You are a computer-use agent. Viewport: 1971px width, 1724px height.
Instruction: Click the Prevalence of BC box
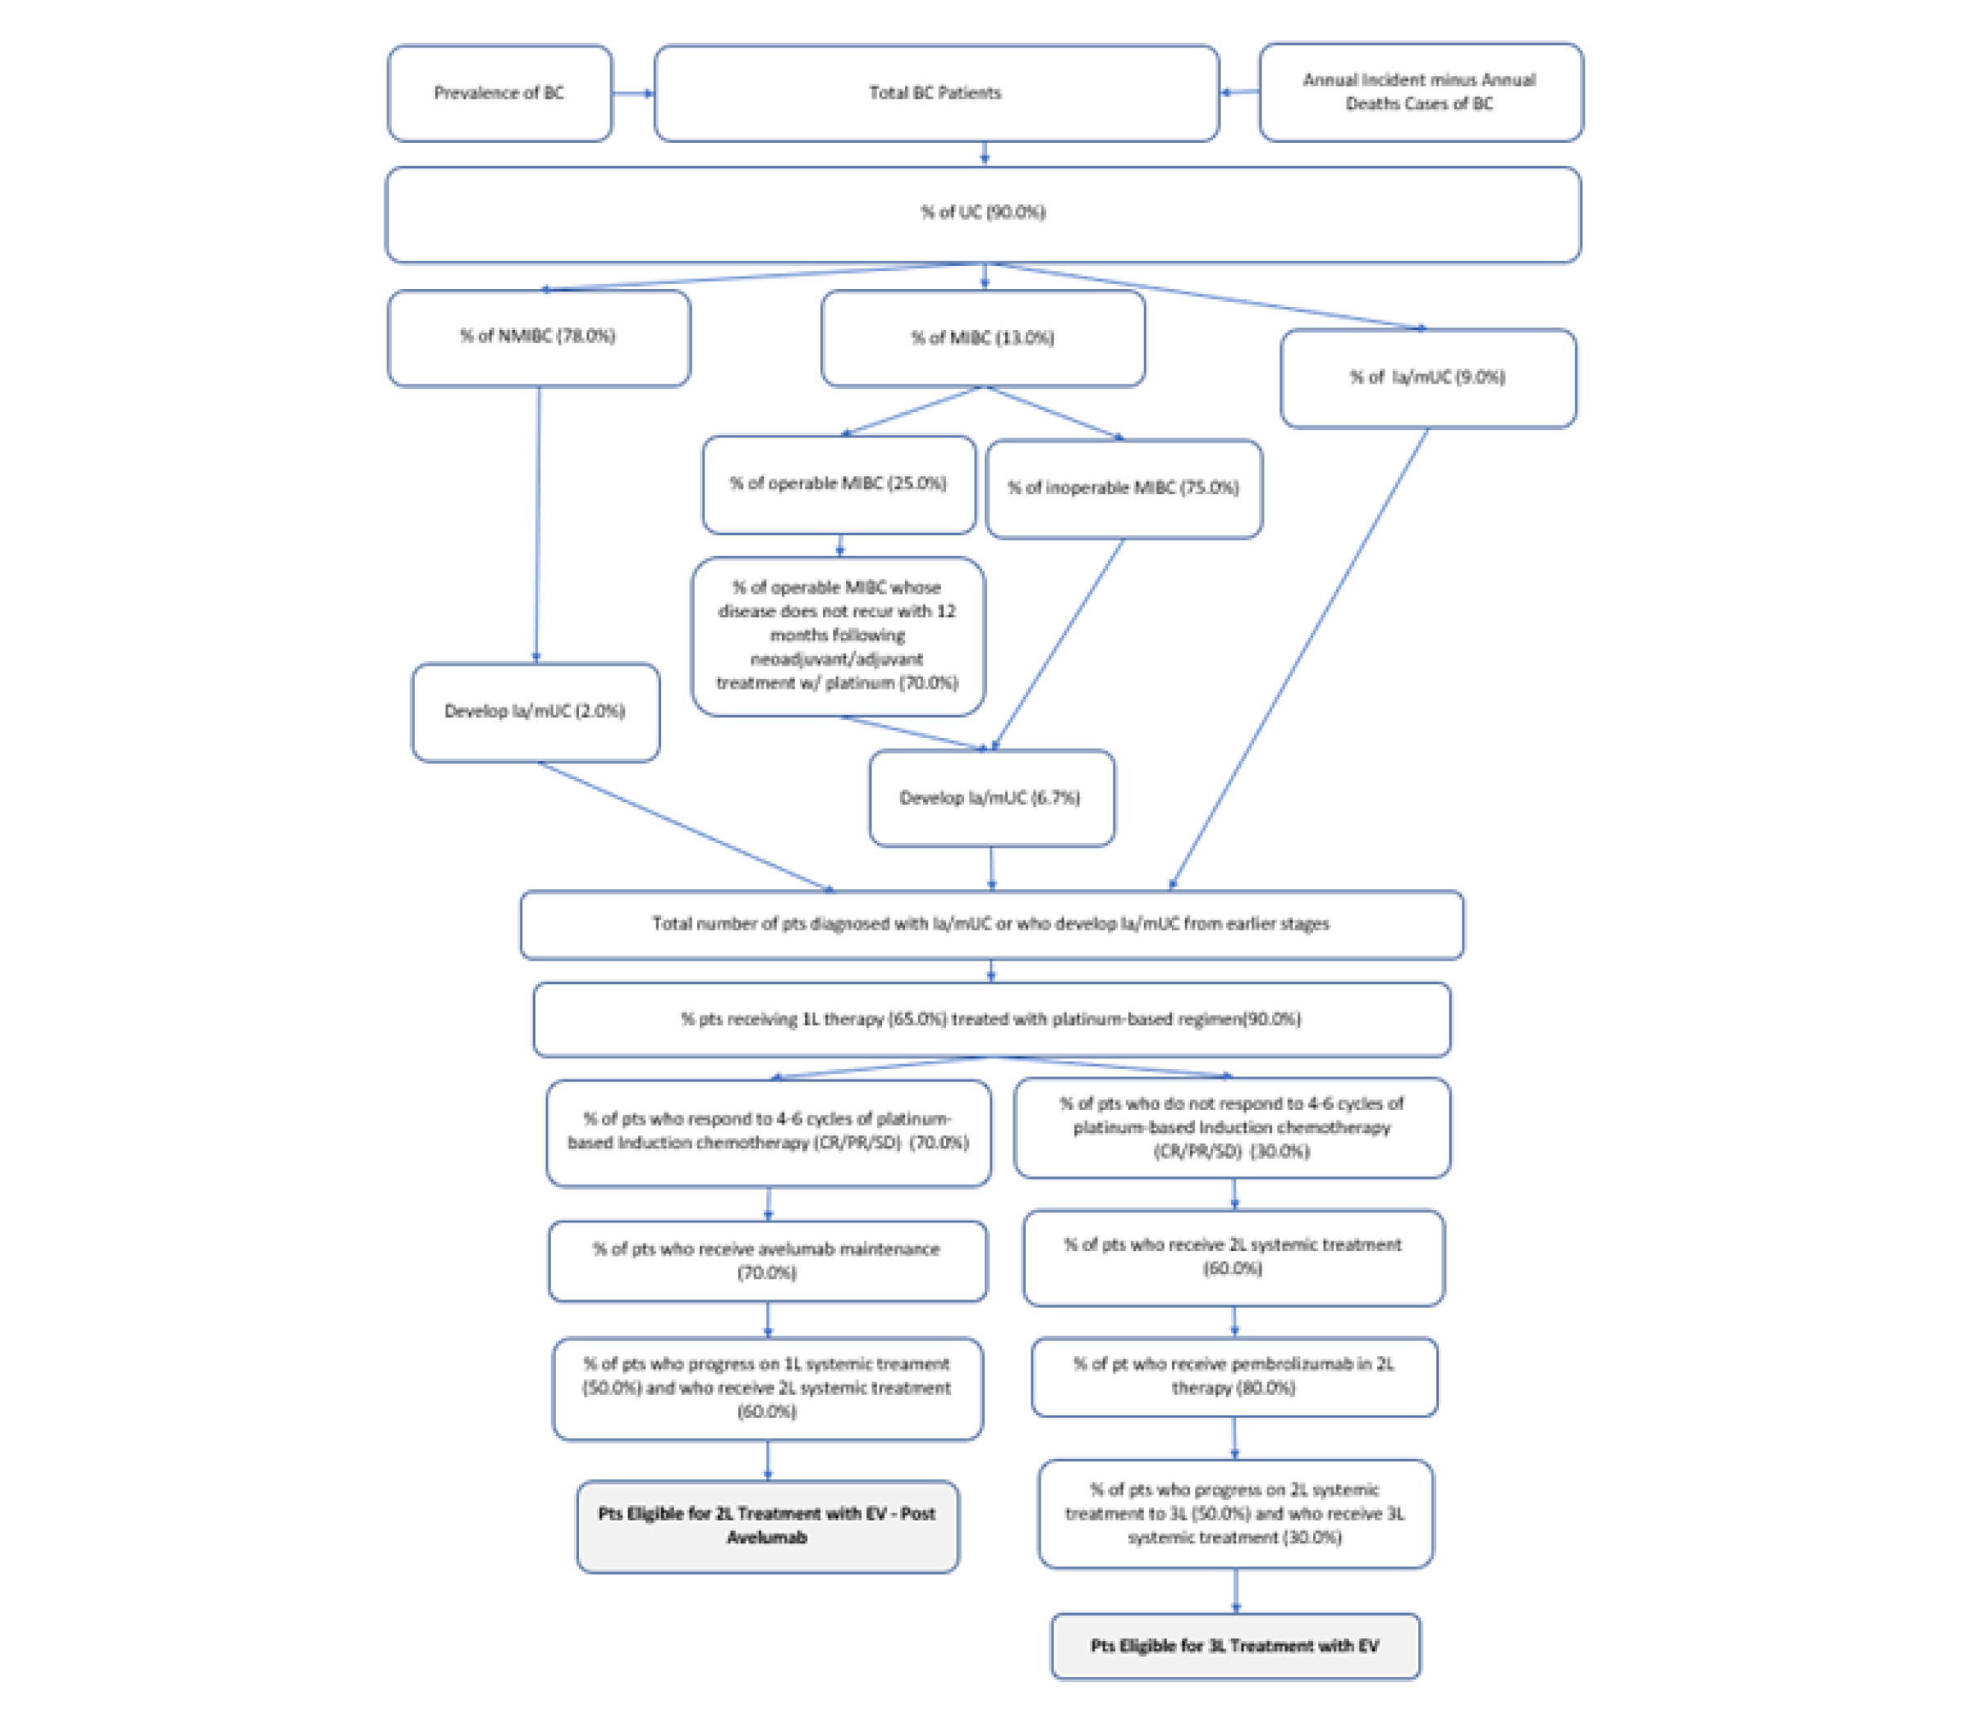click(x=498, y=94)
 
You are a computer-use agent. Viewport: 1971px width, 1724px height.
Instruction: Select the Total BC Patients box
click(x=935, y=94)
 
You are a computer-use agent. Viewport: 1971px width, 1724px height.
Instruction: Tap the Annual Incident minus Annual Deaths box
click(x=1420, y=92)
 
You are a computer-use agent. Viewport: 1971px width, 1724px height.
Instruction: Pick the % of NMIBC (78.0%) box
click(x=538, y=337)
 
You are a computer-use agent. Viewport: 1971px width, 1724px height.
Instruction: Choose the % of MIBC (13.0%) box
click(x=982, y=338)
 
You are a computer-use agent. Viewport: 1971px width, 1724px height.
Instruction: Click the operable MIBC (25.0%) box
click(x=838, y=484)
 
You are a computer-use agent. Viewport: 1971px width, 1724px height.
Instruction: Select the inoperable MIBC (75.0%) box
click(x=1123, y=488)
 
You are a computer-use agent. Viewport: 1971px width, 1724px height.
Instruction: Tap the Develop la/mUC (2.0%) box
click(x=535, y=712)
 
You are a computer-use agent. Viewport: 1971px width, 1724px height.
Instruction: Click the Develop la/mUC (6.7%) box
click(x=990, y=799)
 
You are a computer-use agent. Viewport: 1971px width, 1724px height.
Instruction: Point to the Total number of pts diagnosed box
click(x=991, y=924)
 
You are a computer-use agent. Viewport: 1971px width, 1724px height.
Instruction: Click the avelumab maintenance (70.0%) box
click(x=767, y=1261)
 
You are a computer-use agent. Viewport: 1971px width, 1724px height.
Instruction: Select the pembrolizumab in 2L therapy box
click(x=1234, y=1377)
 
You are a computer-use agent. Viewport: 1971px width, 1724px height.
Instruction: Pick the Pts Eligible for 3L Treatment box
click(x=1235, y=1646)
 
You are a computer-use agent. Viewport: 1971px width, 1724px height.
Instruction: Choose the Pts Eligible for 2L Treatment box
click(x=767, y=1526)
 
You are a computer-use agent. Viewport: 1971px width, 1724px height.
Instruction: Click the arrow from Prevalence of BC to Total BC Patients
click(x=632, y=94)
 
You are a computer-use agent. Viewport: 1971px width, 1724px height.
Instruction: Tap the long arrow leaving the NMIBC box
click(x=537, y=525)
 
